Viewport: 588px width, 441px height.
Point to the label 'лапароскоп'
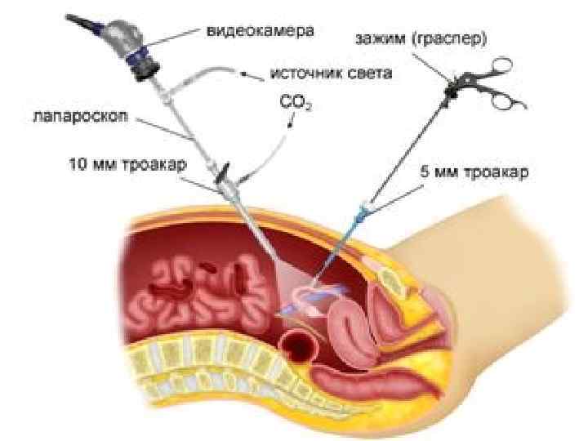click(78, 115)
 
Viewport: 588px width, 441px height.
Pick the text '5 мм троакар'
click(480, 173)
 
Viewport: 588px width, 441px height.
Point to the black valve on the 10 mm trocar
click(222, 174)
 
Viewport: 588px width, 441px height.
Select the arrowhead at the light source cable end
click(244, 73)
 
